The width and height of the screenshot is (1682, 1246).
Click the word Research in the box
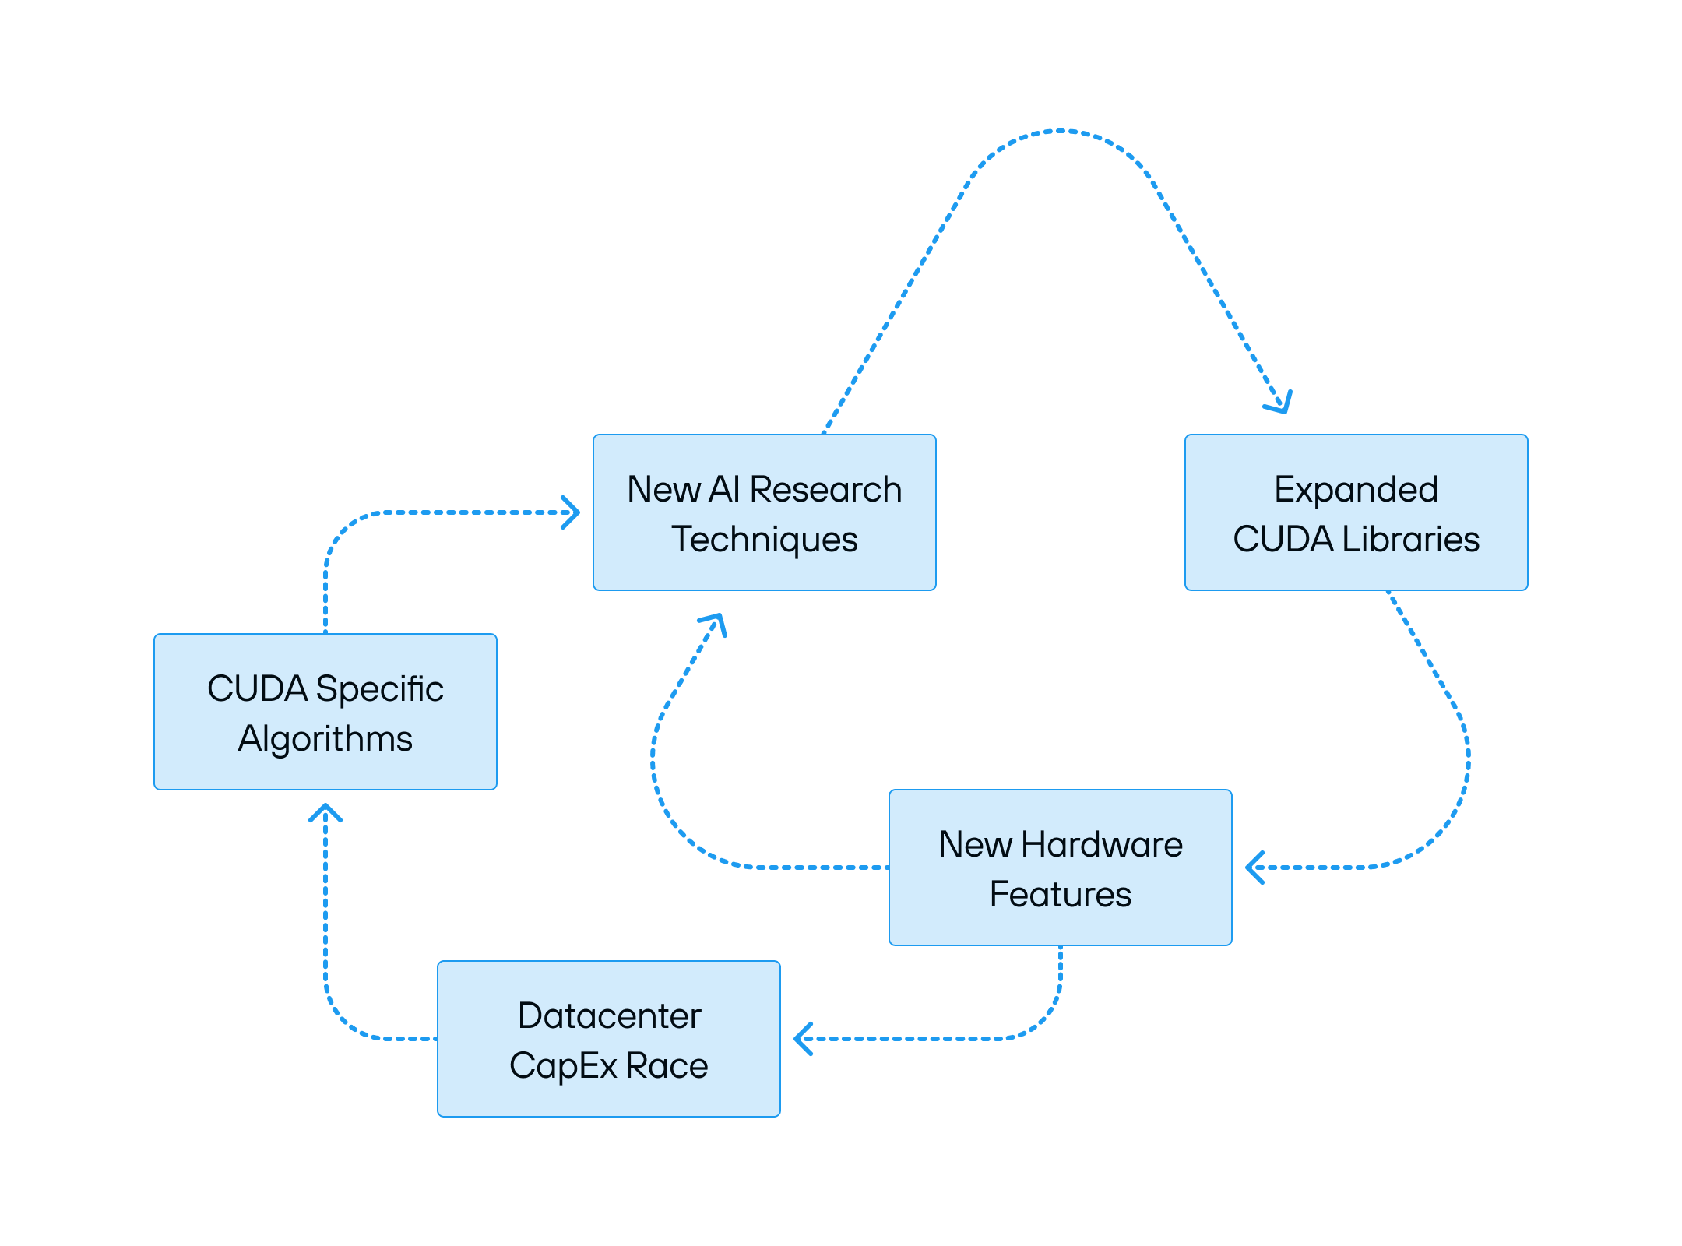(x=825, y=490)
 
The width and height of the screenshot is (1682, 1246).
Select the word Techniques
(x=765, y=540)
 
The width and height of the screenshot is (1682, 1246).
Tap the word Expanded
(x=1356, y=490)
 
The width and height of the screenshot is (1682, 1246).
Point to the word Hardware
(x=1102, y=845)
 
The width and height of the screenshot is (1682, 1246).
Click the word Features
(x=1060, y=895)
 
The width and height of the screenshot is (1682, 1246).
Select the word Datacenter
(x=609, y=1016)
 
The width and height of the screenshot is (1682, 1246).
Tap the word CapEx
(x=563, y=1066)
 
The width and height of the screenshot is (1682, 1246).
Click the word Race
(x=667, y=1066)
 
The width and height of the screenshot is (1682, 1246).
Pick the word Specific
(x=379, y=689)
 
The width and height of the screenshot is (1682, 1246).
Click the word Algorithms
(x=325, y=739)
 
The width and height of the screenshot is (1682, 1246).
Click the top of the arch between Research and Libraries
(x=1061, y=131)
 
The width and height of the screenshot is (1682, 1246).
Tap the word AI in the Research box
(x=724, y=490)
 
